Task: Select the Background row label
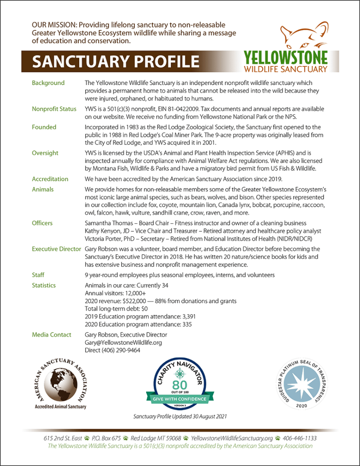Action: point(48,83)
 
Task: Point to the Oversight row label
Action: point(45,153)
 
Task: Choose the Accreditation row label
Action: point(50,179)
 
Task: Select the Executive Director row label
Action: point(56,249)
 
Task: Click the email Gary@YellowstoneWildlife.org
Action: point(123,342)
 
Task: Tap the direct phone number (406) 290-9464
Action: point(122,350)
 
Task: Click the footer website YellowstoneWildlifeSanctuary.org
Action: point(232,438)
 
